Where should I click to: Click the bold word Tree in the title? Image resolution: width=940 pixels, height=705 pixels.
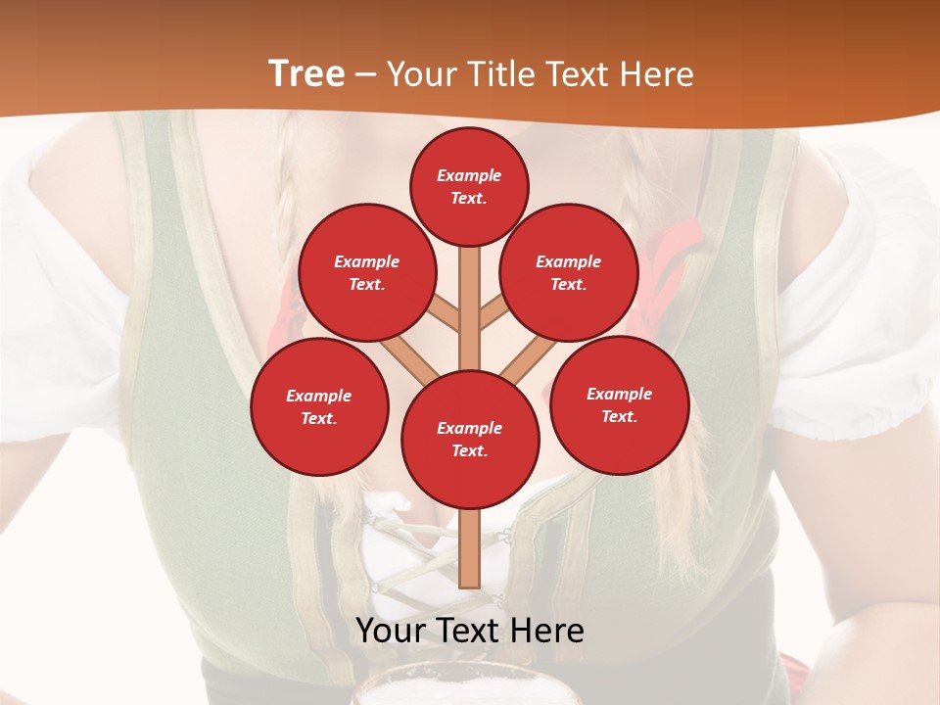coord(306,74)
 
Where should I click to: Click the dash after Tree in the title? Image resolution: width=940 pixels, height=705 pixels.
coord(366,75)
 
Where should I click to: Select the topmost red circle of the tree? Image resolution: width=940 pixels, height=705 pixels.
coord(469,186)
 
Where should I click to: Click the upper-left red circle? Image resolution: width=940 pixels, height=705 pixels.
coord(366,273)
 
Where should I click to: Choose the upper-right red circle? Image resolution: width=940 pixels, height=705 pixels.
coord(569,273)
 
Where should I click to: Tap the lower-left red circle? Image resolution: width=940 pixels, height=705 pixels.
coord(319,407)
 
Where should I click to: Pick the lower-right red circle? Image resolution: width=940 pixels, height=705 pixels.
coord(619,404)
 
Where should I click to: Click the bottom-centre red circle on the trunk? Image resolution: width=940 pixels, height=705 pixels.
coord(470,439)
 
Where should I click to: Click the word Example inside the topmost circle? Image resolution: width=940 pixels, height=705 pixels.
coord(469,175)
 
